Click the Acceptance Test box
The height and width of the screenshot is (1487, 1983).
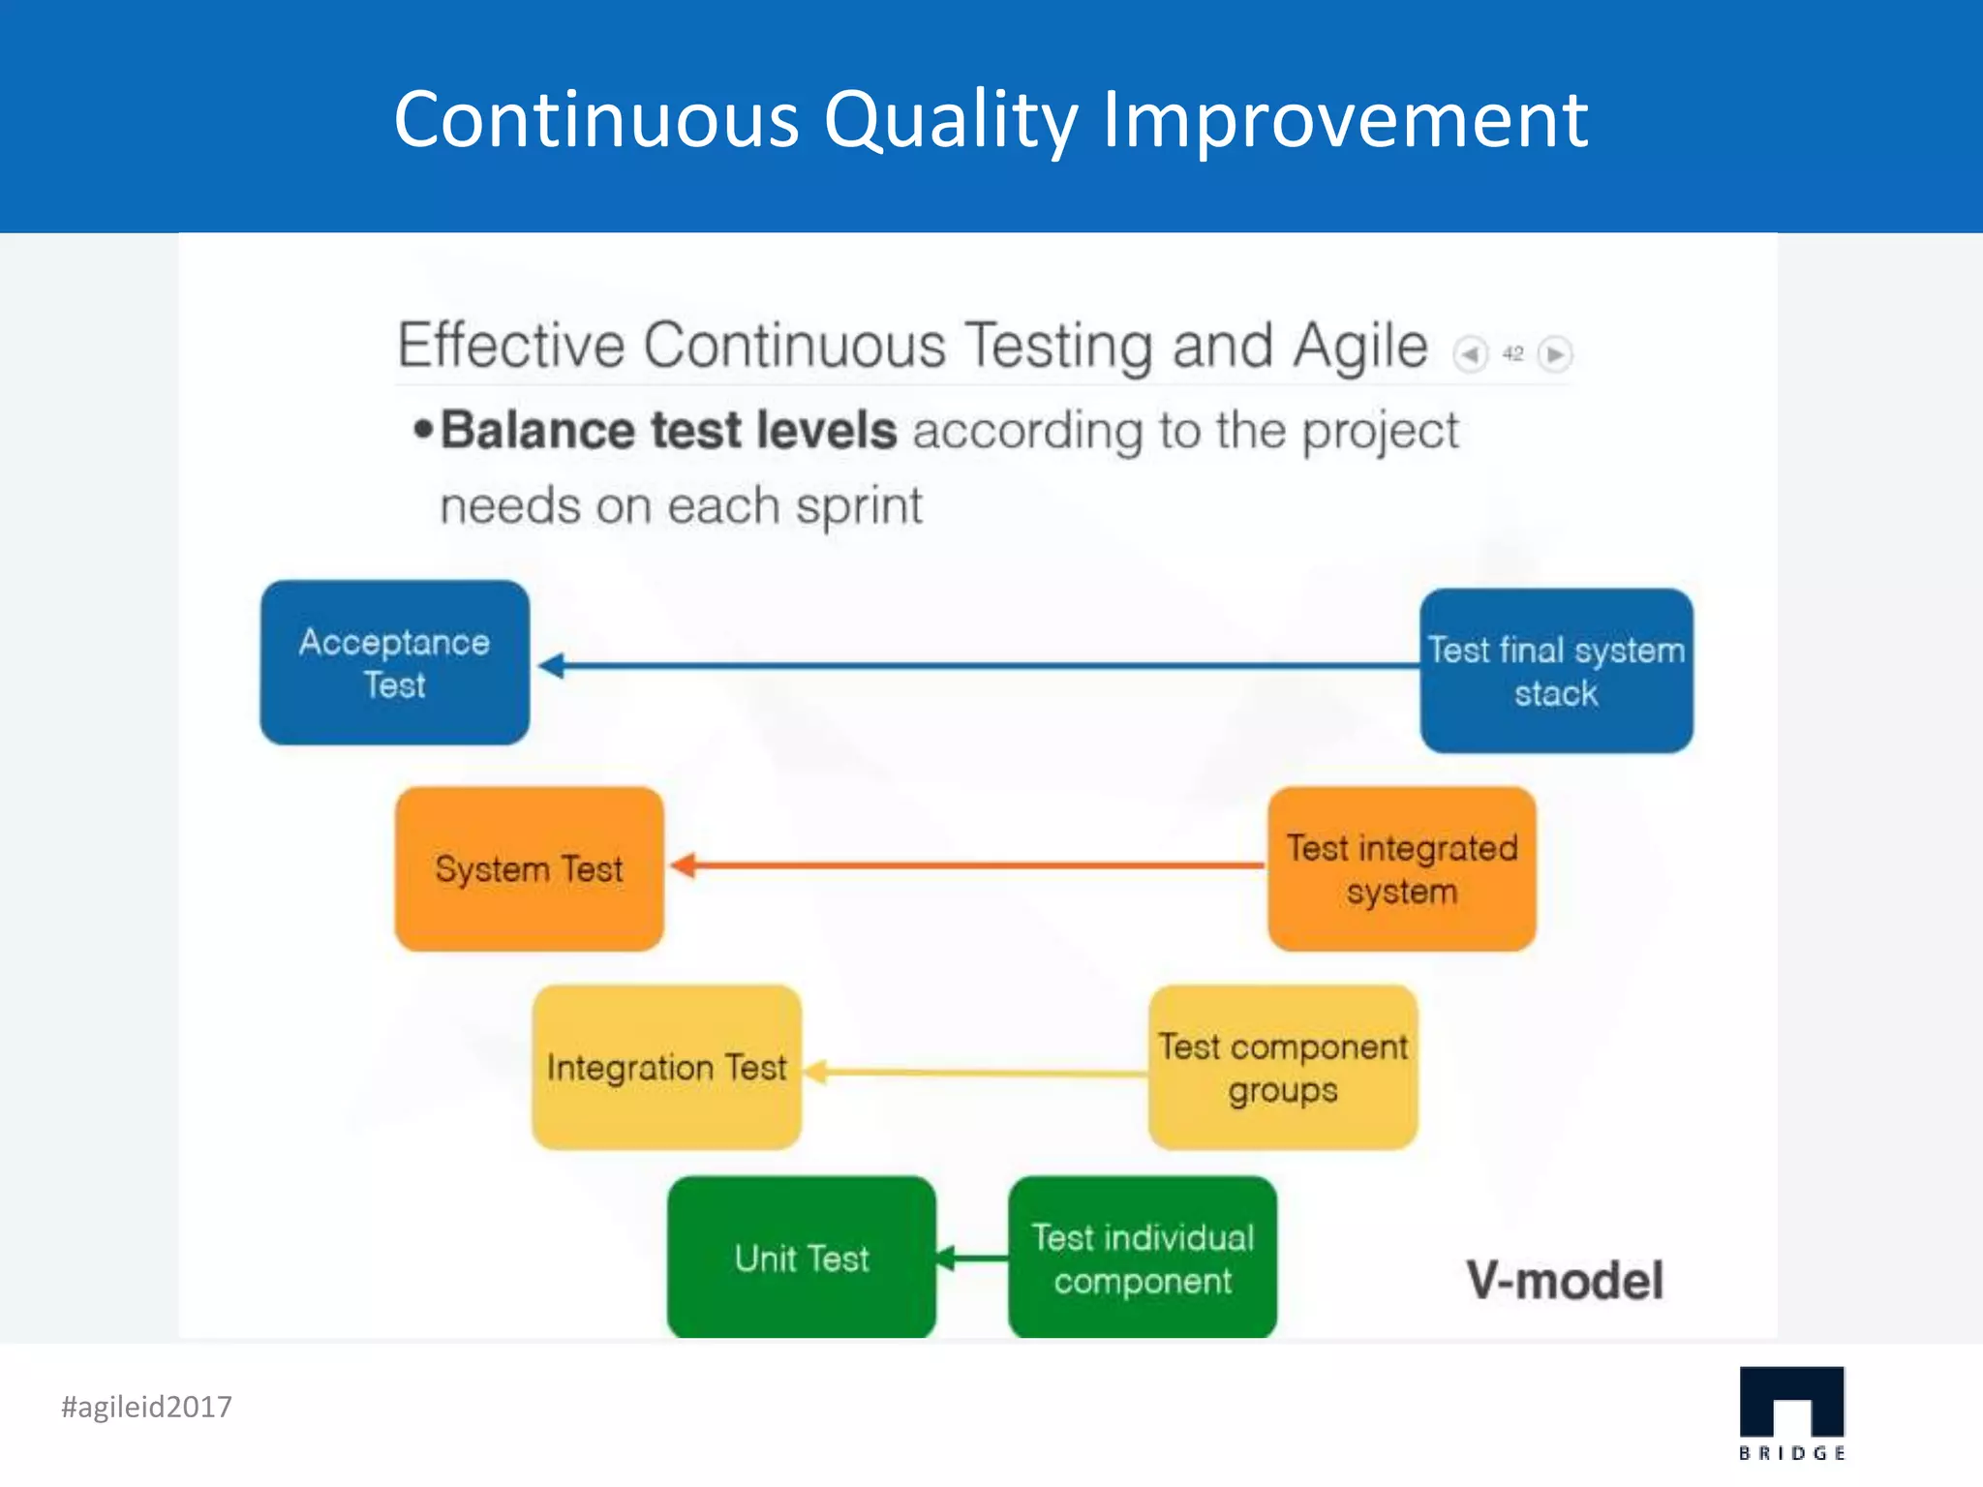tap(394, 663)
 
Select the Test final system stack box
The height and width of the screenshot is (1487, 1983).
tap(1556, 671)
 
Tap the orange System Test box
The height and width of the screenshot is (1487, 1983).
tap(529, 868)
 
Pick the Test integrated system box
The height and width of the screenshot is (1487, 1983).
tap(1401, 868)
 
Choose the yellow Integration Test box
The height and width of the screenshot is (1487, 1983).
tap(666, 1067)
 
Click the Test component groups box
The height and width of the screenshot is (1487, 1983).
tap(1283, 1067)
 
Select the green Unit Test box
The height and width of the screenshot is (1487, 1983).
tap(802, 1258)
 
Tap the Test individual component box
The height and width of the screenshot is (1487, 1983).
tap(1143, 1258)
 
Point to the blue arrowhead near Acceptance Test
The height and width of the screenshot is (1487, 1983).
tap(552, 665)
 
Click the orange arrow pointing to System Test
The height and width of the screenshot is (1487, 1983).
tap(968, 865)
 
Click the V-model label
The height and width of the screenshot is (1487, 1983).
tap(1565, 1280)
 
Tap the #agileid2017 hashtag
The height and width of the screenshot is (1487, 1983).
tap(146, 1407)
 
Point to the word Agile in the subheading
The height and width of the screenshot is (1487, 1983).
tap(1360, 346)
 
